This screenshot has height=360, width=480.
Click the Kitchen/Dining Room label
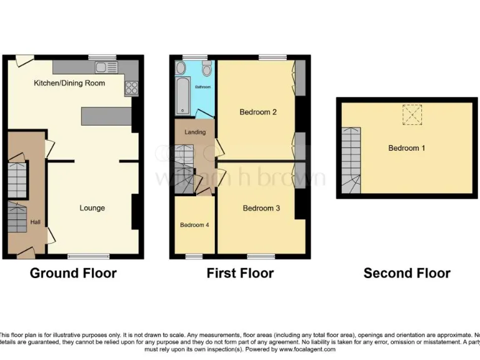tap(69, 83)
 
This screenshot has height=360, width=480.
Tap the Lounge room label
tap(92, 208)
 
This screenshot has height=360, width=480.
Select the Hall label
tap(36, 221)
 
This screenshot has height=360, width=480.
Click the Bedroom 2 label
tap(258, 112)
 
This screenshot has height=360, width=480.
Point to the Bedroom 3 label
tap(261, 208)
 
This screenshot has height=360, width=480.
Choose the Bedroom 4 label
tap(194, 225)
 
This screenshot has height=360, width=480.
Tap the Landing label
tap(195, 132)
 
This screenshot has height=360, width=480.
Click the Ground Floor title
tap(73, 273)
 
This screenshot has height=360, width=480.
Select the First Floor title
tap(240, 273)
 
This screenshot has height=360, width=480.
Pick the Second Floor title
tap(407, 273)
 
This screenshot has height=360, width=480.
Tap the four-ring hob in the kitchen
tap(131, 89)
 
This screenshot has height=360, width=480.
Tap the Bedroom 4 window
tap(194, 256)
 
